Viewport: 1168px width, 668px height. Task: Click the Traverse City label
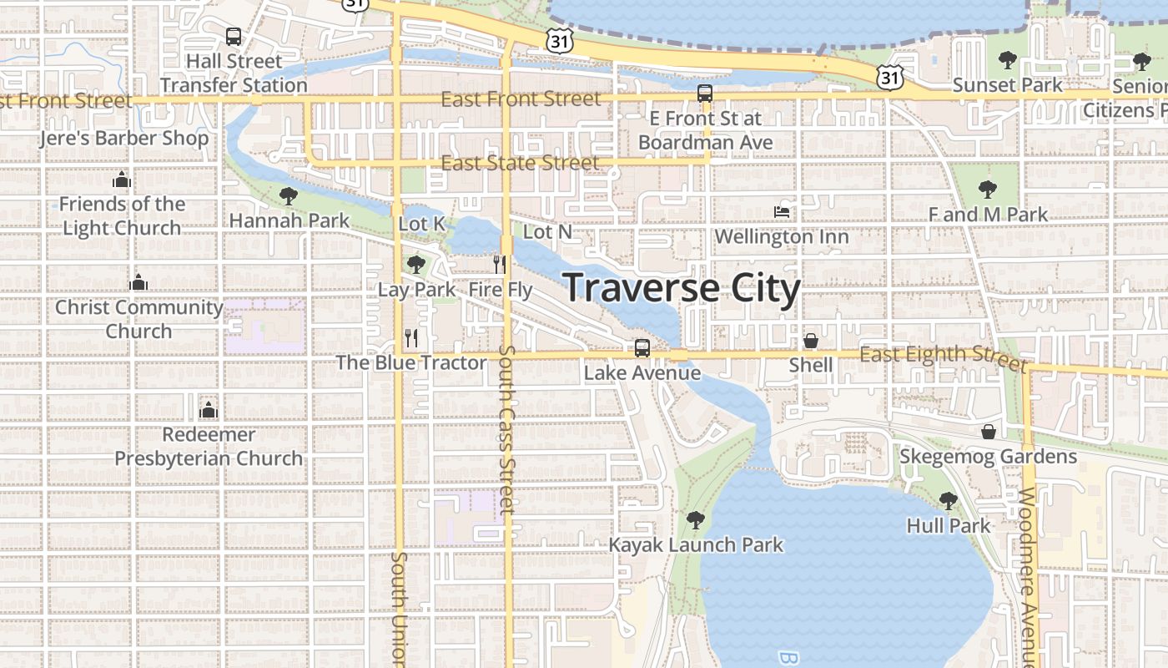682,288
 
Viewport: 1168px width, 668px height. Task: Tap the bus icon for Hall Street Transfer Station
234,37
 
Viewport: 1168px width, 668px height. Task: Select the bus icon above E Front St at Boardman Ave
705,94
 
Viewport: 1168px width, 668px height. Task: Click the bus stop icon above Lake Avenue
642,348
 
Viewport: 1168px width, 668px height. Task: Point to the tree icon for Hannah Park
289,196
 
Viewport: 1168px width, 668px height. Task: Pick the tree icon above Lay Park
415,265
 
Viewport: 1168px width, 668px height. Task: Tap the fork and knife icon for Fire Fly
500,265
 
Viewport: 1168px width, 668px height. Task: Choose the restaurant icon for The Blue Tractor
410,338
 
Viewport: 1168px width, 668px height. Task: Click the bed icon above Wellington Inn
782,212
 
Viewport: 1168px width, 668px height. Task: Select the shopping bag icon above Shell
810,341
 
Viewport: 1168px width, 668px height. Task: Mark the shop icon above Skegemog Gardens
988,432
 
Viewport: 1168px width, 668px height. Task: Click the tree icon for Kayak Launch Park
695,520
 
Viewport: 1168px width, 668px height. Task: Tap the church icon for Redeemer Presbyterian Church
209,410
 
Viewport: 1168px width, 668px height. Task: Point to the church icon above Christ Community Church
138,283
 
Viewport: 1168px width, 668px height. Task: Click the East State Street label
520,163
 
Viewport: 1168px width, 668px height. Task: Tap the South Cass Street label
507,429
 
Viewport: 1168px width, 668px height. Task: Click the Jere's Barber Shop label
123,138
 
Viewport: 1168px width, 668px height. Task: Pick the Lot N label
547,230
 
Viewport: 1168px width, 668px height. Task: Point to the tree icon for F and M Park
987,190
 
